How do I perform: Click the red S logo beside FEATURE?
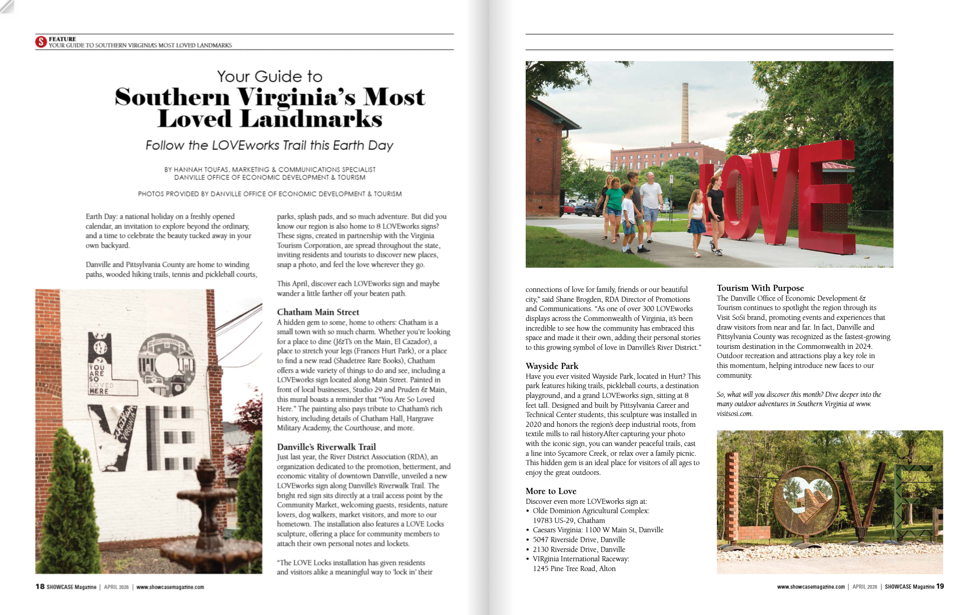tap(41, 42)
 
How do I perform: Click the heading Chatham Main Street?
tap(318, 312)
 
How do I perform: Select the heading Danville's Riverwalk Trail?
tap(326, 447)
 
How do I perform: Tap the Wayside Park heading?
tap(552, 366)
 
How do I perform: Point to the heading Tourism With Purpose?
tap(760, 288)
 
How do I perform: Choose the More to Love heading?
tap(551, 491)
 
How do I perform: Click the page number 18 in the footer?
tap(40, 587)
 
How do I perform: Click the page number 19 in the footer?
tap(940, 586)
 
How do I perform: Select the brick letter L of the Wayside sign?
tap(733, 496)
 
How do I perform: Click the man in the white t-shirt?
tap(651, 207)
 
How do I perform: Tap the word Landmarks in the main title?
tap(312, 119)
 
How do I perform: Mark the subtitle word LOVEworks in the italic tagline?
tap(245, 145)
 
